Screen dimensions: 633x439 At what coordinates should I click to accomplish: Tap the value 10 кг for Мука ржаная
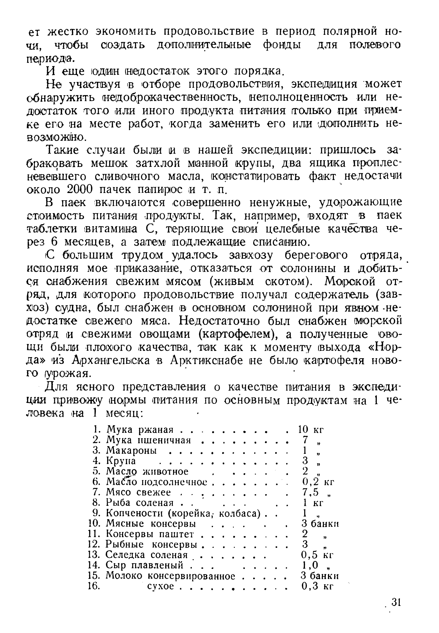click(311, 429)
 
